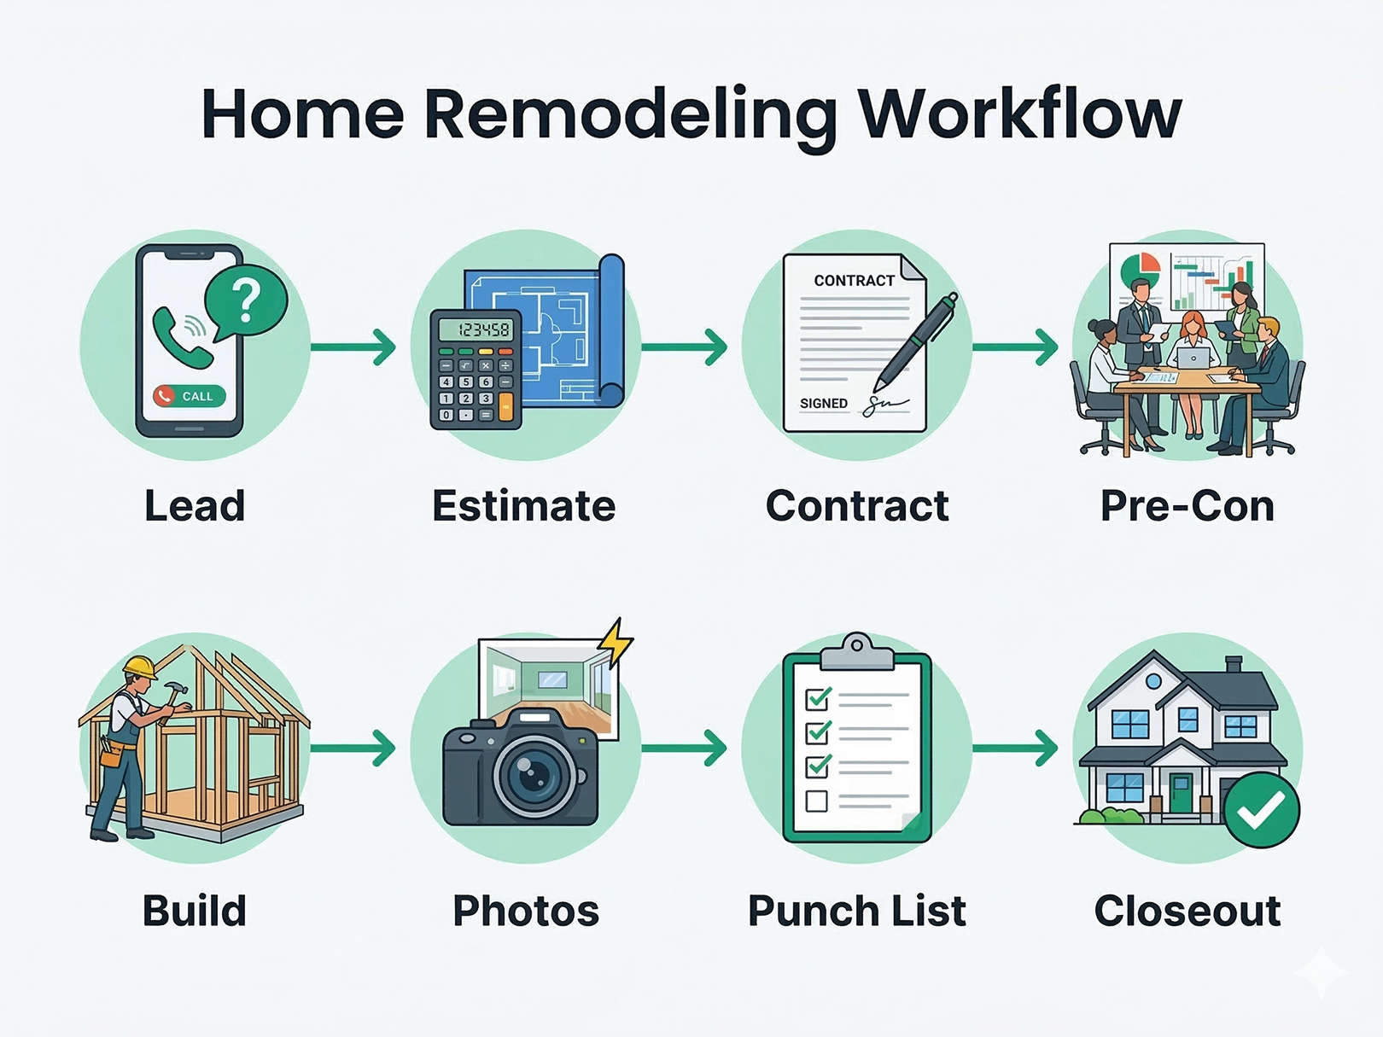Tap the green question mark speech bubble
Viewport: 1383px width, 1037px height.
pyautogui.click(x=246, y=302)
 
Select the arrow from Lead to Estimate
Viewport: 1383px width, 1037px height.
pyautogui.click(x=353, y=347)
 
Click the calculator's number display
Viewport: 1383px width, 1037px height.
pyautogui.click(x=476, y=329)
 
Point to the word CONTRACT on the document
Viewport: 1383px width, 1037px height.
pyautogui.click(x=854, y=281)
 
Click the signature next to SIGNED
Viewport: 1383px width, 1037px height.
pyautogui.click(x=886, y=405)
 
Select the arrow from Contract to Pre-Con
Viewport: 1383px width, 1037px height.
pyautogui.click(x=1015, y=347)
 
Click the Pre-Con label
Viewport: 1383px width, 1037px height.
pyautogui.click(x=1187, y=505)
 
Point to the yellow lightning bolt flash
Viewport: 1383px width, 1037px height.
pyautogui.click(x=615, y=642)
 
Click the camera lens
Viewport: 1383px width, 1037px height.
pyautogui.click(x=534, y=772)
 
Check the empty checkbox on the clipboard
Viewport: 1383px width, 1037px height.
pyautogui.click(x=817, y=801)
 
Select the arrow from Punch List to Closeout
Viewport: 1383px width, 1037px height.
pyautogui.click(x=1015, y=748)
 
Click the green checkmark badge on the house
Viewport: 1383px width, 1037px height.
pyautogui.click(x=1262, y=810)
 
